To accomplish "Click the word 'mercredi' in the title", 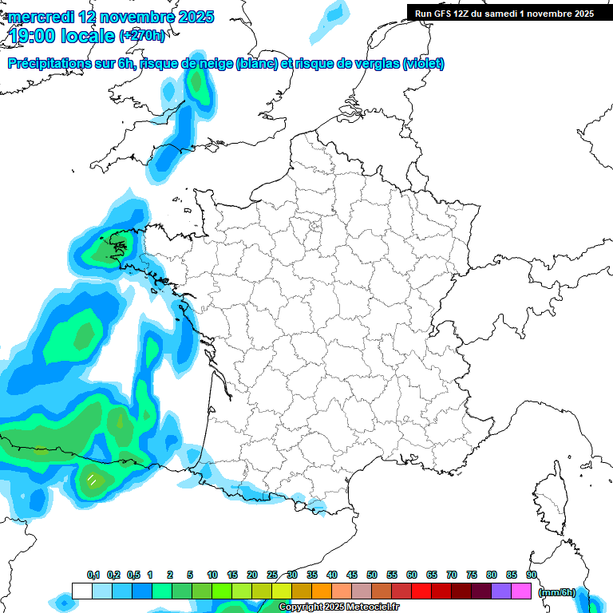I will coord(40,17).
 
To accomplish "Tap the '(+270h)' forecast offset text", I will coord(142,35).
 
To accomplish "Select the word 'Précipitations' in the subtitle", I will coord(48,64).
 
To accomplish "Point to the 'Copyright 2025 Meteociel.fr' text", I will coord(338,607).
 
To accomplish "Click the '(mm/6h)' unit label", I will coord(556,592).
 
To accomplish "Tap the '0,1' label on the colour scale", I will coord(93,575).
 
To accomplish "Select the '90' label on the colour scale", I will coord(532,575).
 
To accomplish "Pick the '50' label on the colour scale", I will coord(372,575).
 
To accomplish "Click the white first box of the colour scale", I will coord(81,591).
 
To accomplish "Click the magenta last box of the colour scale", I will coord(521,591).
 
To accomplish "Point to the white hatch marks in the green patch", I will coord(93,480).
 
